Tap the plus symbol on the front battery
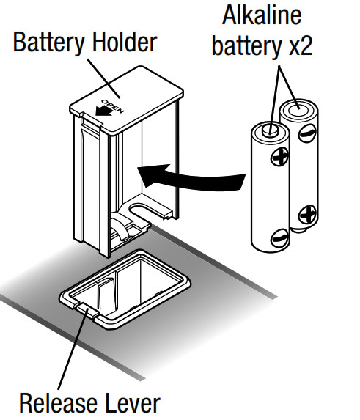click(281, 155)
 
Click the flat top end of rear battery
click(301, 109)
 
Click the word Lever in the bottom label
click(130, 402)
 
